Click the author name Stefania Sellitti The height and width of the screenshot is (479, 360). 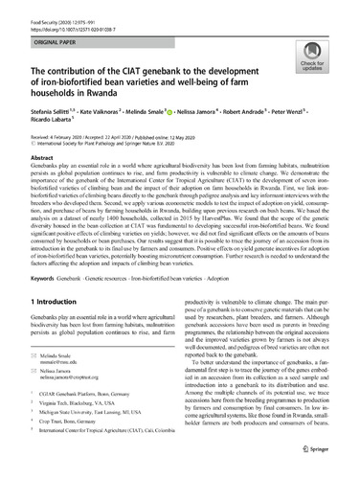pos(48,113)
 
